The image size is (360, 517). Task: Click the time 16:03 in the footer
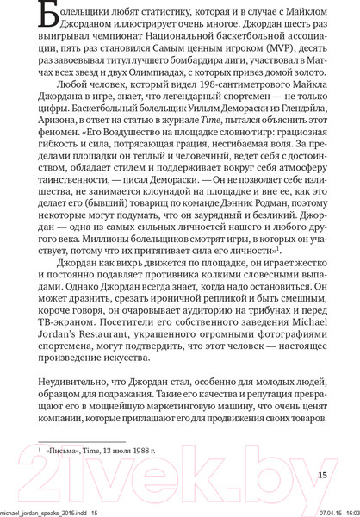(x=346, y=512)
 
